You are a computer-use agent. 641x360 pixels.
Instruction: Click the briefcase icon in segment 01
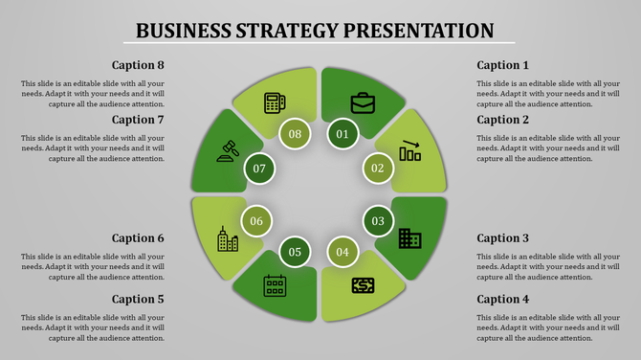click(363, 101)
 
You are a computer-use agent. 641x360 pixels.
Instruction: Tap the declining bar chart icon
click(409, 150)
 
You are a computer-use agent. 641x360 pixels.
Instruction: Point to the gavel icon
click(229, 150)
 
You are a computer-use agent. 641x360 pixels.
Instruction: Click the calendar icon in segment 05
click(275, 284)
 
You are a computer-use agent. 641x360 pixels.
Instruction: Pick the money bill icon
click(363, 284)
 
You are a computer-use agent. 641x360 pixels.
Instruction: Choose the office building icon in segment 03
click(409, 237)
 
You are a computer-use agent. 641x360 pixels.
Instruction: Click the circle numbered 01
click(342, 134)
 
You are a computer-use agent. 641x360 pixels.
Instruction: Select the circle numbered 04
click(342, 253)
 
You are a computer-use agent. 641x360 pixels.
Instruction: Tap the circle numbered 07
click(259, 169)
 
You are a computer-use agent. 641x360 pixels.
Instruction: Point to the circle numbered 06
click(256, 221)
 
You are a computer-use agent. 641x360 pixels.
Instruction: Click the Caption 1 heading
click(502, 65)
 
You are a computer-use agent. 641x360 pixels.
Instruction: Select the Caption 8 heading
click(138, 65)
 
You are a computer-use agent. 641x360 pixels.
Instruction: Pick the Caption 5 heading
click(138, 299)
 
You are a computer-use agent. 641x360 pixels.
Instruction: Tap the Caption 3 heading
click(502, 237)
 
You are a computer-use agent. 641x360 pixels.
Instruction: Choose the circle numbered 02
click(377, 169)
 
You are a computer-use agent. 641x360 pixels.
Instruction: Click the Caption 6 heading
click(138, 237)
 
